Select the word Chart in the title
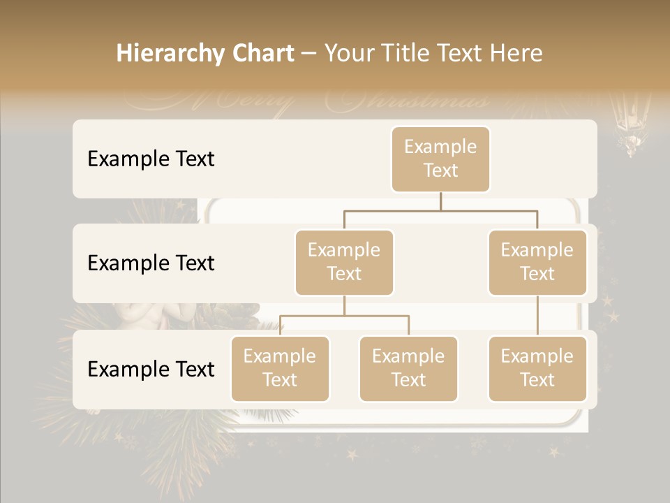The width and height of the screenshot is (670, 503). coord(260,54)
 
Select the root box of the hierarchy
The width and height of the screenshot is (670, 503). coord(440,159)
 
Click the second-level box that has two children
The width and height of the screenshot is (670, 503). coord(344,262)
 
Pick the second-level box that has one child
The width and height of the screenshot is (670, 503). coord(537,262)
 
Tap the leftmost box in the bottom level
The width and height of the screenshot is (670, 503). coord(280,368)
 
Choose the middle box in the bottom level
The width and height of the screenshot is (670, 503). coord(408,368)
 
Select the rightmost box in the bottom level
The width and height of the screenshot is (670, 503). coord(537,368)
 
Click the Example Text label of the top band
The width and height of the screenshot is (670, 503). coord(151,159)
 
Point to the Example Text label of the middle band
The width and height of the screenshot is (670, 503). coord(151,263)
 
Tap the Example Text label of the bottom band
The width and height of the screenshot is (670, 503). coord(151,369)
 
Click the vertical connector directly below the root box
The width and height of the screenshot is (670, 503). coord(440,201)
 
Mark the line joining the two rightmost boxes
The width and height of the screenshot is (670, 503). coord(537,316)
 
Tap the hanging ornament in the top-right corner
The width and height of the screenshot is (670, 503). coord(630,126)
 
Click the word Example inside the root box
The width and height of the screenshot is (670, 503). coord(440,147)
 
